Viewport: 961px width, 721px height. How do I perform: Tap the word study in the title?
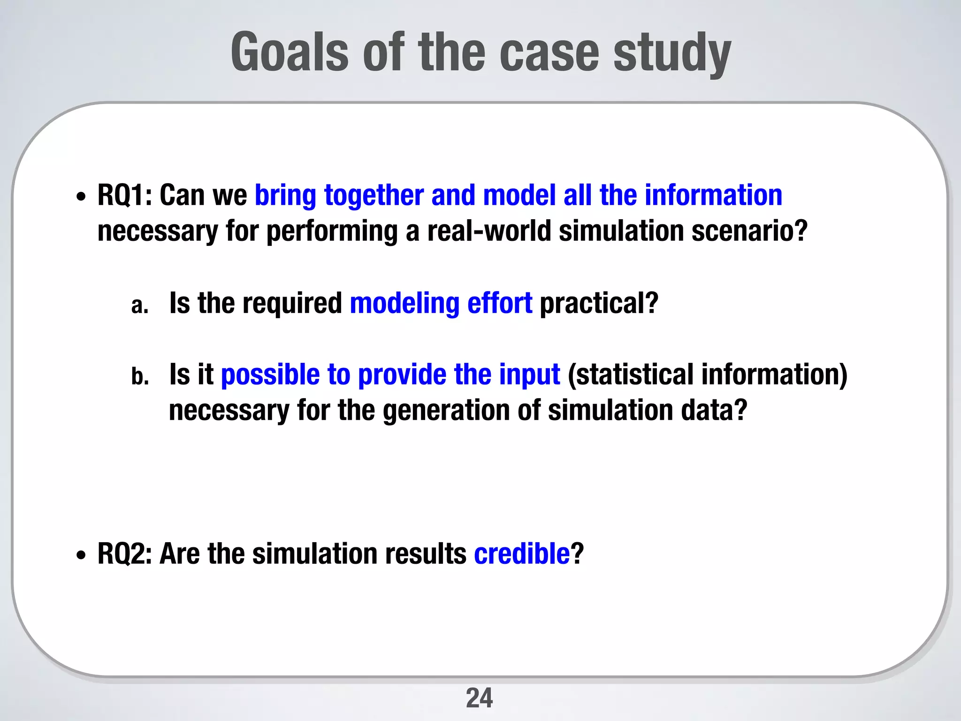click(672, 54)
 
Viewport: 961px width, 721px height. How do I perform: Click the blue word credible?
click(522, 554)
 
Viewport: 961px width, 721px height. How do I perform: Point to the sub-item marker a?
click(139, 306)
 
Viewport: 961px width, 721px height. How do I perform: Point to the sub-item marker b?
click(140, 376)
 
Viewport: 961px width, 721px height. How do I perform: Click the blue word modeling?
click(404, 304)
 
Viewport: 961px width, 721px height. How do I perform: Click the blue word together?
click(374, 195)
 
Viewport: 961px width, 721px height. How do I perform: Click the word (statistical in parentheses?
click(630, 375)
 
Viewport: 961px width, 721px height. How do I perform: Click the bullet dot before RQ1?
click(81, 198)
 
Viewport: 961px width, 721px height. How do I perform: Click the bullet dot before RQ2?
click(81, 556)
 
